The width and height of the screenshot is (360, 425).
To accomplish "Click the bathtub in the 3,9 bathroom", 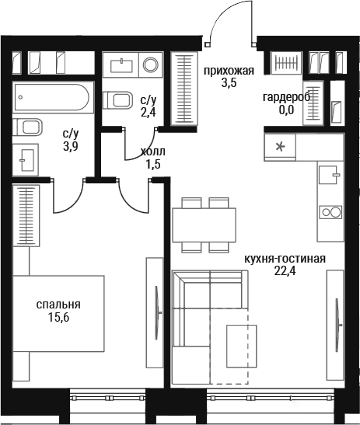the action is click(51, 97).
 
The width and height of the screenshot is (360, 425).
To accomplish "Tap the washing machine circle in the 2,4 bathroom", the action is click(151, 64).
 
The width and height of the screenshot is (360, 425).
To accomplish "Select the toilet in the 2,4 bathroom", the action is click(117, 100).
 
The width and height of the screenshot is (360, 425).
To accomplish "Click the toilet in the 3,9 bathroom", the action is click(27, 127).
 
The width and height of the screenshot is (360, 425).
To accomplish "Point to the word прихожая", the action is click(229, 71).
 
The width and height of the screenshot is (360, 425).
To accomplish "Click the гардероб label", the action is click(286, 97).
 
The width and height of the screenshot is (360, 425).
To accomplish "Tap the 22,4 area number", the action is click(285, 271).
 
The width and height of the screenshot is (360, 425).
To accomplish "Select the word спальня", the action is click(58, 305).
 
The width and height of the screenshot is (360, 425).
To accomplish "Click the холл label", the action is click(152, 152).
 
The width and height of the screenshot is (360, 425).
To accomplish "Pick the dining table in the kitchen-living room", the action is click(204, 225).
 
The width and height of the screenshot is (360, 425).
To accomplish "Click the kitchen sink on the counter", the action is click(329, 175).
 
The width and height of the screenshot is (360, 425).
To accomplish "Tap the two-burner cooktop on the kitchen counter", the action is click(330, 212).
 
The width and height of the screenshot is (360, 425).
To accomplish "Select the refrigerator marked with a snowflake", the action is click(280, 147).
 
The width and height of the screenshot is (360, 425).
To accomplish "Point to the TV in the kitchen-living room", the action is click(337, 325).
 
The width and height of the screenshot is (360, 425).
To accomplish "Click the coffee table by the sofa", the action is click(242, 346).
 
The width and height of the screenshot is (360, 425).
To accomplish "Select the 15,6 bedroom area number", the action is click(58, 317).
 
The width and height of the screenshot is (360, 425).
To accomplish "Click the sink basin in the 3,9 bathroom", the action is click(26, 160).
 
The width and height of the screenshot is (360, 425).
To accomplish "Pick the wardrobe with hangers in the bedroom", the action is click(26, 216).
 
